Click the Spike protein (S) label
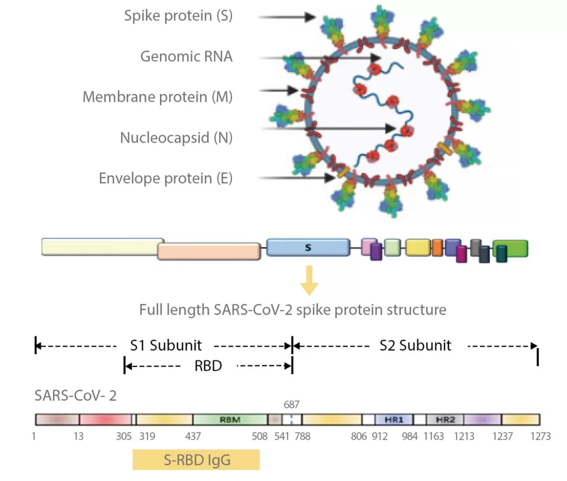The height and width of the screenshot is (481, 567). pos(178,16)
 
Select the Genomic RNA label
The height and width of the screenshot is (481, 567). pos(186,57)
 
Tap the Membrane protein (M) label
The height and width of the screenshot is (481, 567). pos(157,97)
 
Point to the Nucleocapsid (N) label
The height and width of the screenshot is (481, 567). pos(176,137)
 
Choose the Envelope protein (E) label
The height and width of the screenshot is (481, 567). pos(166,178)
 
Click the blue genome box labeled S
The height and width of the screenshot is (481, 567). pos(308,247)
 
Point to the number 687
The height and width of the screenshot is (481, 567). pos(291,405)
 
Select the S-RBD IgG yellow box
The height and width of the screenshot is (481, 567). pos(196,460)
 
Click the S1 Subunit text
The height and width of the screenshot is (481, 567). pos(166,346)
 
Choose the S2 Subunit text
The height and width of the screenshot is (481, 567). pos(415,346)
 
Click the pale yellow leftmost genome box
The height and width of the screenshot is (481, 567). pos(102,247)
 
